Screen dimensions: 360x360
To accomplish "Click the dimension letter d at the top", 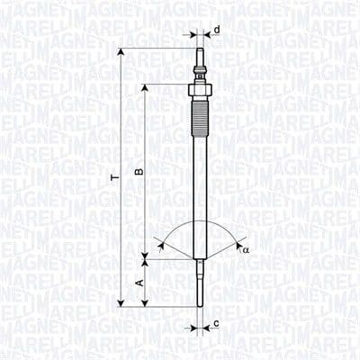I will [x=218, y=31].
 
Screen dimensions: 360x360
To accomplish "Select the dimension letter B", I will [x=138, y=171].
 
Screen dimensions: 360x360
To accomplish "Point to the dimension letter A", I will [x=138, y=282].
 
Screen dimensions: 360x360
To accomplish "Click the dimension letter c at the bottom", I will [x=217, y=324].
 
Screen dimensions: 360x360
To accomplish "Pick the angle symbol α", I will [x=245, y=249].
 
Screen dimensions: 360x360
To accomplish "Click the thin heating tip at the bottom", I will [x=195, y=283].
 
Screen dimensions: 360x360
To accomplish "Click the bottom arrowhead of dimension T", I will [x=121, y=303].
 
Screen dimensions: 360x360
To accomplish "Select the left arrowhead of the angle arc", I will [x=157, y=240].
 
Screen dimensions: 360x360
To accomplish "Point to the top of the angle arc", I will [x=195, y=220].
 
